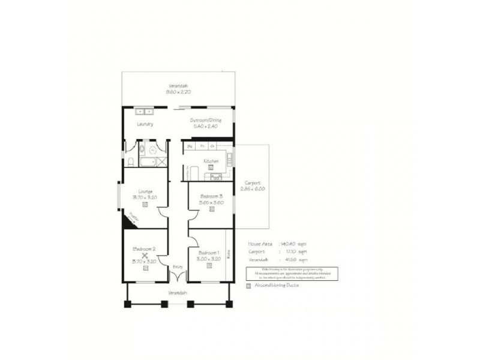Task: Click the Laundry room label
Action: [x=145, y=124]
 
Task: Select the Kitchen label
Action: [x=210, y=161]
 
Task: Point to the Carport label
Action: [x=251, y=183]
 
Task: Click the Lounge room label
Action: [x=144, y=191]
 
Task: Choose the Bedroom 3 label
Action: [x=212, y=196]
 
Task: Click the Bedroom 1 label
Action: [x=209, y=252]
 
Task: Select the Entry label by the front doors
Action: [x=177, y=266]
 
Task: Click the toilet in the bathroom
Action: [x=130, y=161]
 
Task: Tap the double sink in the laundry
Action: [x=145, y=111]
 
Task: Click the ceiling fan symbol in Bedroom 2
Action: [x=145, y=256]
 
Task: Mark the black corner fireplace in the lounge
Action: [x=128, y=221]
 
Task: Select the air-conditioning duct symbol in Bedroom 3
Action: [x=212, y=209]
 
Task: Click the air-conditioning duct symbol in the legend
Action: [x=249, y=286]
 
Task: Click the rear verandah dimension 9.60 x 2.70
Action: [x=178, y=92]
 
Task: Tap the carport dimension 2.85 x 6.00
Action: [x=252, y=189]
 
